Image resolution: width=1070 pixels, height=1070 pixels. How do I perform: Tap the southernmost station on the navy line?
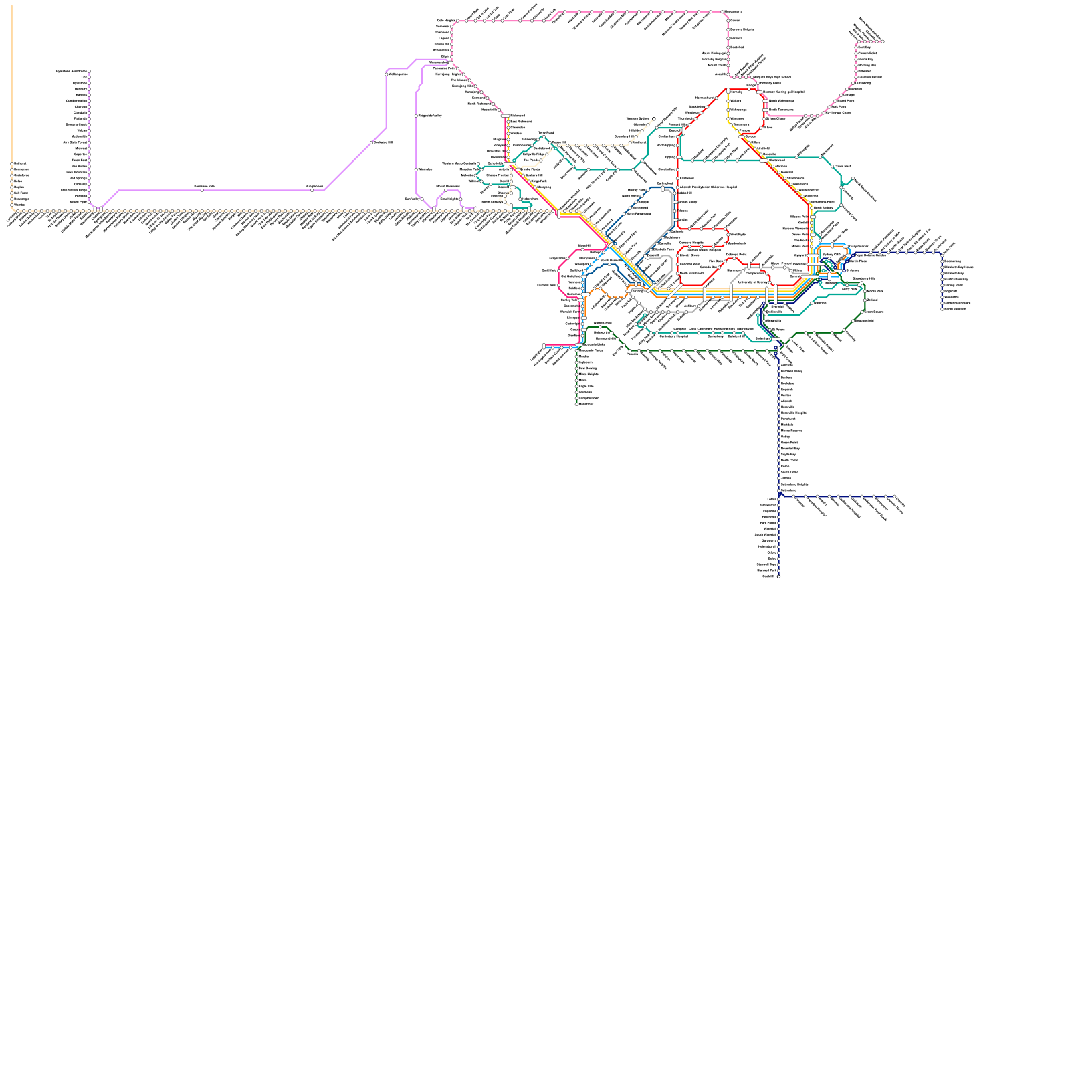[x=778, y=576]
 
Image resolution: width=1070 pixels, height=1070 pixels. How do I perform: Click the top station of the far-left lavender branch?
[x=89, y=71]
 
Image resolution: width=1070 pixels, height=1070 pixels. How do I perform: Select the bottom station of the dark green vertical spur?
[x=576, y=404]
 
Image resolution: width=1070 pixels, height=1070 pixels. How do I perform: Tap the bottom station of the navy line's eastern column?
[x=942, y=309]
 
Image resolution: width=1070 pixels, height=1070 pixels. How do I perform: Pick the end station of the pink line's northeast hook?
[x=883, y=41]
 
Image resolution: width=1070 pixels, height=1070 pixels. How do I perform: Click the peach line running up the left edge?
[x=11, y=80]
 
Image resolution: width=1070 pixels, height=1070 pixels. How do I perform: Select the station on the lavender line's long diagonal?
[x=372, y=142]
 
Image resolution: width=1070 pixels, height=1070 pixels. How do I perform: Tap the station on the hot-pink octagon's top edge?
[x=589, y=249]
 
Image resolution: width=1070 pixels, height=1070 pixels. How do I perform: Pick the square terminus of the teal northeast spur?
[x=853, y=179]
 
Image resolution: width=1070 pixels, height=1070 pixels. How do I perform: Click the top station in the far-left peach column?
[x=11, y=163]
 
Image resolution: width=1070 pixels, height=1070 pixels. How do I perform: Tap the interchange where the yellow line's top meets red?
[x=728, y=90]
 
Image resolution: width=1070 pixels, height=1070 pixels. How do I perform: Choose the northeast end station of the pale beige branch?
[x=654, y=119]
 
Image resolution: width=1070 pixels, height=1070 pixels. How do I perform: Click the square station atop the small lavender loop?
[x=446, y=191]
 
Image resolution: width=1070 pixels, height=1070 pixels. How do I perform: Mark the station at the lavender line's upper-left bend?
[x=387, y=74]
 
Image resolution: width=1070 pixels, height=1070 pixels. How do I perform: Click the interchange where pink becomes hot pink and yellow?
[x=505, y=116]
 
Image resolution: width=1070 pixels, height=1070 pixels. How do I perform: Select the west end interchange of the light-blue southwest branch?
[x=544, y=346]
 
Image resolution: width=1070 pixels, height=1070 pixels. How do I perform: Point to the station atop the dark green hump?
[x=600, y=327]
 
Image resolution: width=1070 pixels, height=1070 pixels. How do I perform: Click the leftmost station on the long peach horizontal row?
[x=15, y=211]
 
